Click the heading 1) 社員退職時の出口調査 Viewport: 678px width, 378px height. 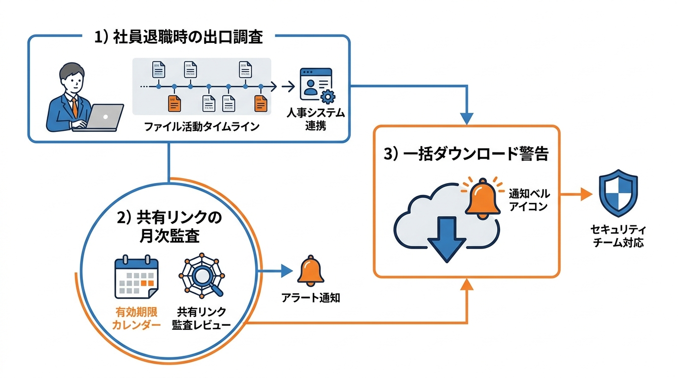coord(178,38)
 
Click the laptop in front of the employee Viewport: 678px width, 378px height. coord(102,118)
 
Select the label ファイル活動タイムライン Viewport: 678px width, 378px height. coord(202,127)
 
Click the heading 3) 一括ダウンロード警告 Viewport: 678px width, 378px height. coord(466,154)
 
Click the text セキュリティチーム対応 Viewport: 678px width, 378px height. coord(618,236)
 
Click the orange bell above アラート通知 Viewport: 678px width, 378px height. coord(310,272)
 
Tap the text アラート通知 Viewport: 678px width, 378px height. coord(310,298)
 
